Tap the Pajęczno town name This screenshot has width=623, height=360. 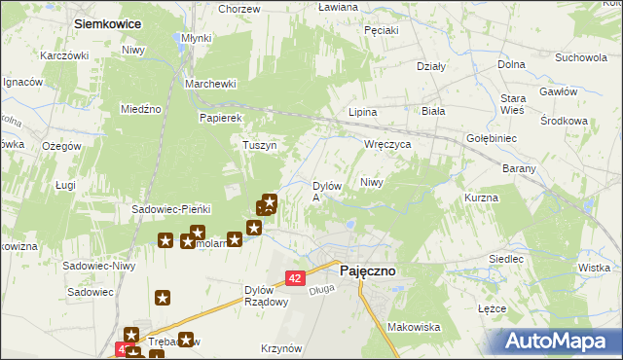366,272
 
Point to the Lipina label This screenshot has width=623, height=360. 363,112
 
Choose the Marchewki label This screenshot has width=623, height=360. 212,84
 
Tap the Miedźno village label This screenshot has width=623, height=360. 140,109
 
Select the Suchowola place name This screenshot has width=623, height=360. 581,57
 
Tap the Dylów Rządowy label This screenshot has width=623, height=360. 266,296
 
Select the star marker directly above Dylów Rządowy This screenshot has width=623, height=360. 234,238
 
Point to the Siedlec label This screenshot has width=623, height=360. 506,260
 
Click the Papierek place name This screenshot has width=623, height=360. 220,118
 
